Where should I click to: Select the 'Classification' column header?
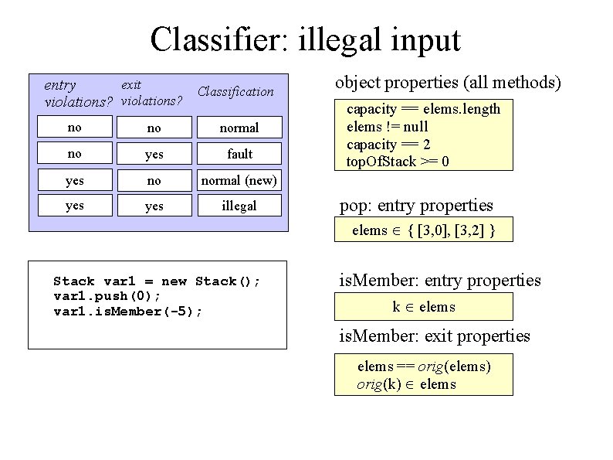(235, 91)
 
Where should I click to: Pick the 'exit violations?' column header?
(151, 93)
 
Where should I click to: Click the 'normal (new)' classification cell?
(239, 181)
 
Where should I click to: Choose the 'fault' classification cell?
(239, 154)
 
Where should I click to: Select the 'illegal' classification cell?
(239, 206)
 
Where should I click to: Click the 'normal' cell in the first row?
(239, 128)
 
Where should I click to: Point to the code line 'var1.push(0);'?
(107, 296)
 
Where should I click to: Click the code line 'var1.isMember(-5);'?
(128, 311)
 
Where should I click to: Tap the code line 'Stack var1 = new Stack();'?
(157, 281)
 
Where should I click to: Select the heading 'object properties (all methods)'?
(448, 83)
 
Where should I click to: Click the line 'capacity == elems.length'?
(423, 109)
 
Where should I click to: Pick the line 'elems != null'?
(388, 127)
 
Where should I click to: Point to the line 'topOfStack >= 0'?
(398, 162)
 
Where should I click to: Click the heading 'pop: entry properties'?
(416, 206)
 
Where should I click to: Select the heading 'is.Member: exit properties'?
(435, 336)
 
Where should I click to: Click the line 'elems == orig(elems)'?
(424, 366)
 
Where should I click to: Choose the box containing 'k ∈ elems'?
(424, 307)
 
